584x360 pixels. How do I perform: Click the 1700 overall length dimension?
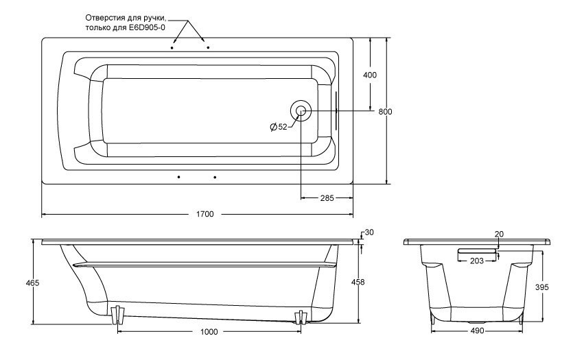[x=205, y=215]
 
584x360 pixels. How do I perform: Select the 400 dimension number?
[x=370, y=75]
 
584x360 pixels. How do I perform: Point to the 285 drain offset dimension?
[x=327, y=199]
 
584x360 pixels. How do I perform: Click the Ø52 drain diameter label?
[x=278, y=126]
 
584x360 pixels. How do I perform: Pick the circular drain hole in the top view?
[x=301, y=111]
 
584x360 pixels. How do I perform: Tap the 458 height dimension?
[x=358, y=283]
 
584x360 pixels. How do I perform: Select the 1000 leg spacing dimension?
[x=209, y=333]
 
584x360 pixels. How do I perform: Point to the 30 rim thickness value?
[x=369, y=232]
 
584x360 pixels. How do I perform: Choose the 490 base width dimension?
[x=478, y=331]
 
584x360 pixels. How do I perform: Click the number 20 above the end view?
[x=499, y=235]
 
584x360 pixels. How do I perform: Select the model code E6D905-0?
[x=148, y=27]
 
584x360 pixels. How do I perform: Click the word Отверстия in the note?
[x=106, y=16]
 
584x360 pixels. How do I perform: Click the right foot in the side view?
[x=300, y=317]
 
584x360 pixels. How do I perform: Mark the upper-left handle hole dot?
[x=172, y=49]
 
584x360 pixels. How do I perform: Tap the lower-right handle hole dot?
[x=215, y=178]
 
